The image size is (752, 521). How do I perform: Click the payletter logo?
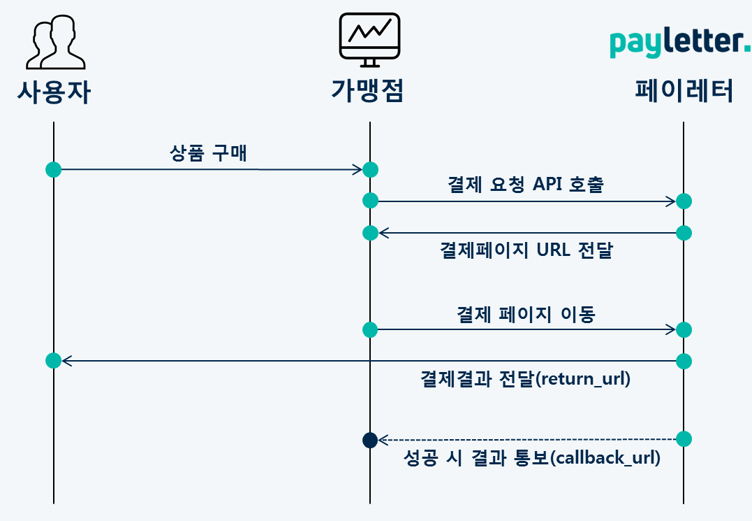[x=680, y=43]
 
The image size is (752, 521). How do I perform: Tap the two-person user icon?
[x=56, y=42]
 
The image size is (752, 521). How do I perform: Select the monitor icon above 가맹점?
[x=370, y=40]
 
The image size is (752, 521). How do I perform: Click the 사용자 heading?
[x=54, y=92]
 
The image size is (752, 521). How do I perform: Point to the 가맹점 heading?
[x=368, y=90]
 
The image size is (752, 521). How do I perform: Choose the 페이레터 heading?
[x=684, y=90]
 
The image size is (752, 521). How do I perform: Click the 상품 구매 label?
[x=208, y=153]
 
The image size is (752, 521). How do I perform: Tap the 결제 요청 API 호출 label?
[x=526, y=184]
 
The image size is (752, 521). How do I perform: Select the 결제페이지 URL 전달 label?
[x=526, y=250]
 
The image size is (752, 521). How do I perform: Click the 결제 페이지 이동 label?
[x=526, y=315]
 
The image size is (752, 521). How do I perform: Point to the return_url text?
[x=583, y=379]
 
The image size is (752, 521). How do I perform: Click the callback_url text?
[x=605, y=457]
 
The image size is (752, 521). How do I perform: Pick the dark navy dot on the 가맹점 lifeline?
[x=370, y=440]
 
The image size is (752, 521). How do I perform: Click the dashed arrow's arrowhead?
[x=383, y=439]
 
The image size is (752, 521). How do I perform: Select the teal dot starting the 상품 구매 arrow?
[x=54, y=169]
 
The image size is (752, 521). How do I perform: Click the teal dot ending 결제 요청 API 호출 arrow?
[x=684, y=201]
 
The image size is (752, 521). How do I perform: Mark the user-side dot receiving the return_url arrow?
[x=54, y=361]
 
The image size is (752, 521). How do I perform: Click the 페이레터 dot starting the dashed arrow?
[x=684, y=439]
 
